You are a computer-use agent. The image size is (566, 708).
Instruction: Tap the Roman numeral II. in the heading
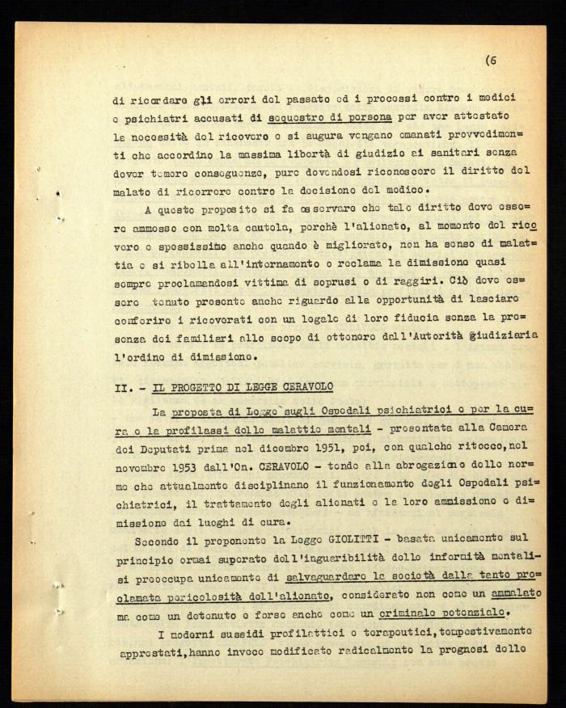[122, 388]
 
